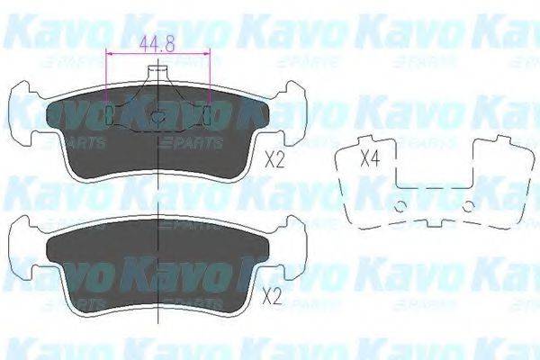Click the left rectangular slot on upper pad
(x=110, y=115)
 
